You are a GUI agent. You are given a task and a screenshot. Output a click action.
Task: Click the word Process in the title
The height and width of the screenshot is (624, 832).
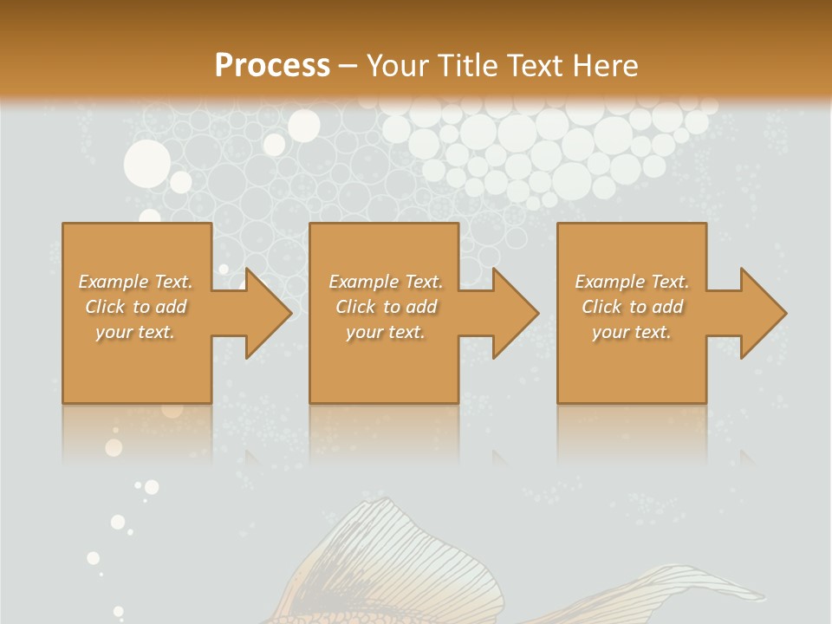tap(272, 66)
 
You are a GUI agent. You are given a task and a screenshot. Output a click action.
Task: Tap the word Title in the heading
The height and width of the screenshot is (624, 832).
tap(470, 66)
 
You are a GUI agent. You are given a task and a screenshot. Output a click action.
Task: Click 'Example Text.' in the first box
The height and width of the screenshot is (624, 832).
tap(136, 282)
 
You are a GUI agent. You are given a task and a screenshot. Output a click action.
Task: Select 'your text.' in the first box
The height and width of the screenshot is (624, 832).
tap(136, 332)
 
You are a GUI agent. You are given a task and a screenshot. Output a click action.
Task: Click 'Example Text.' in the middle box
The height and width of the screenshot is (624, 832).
tap(386, 282)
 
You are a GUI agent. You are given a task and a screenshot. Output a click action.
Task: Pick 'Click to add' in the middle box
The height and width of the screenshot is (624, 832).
tap(386, 307)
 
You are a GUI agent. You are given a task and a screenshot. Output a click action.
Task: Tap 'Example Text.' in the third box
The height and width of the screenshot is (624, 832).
tap(632, 282)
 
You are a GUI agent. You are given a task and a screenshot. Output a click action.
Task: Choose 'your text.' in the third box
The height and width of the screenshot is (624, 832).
tap(632, 332)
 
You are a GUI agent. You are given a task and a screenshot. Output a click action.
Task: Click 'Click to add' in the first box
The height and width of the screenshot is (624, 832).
tap(136, 307)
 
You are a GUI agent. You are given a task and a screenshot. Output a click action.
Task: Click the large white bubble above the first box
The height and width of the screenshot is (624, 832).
tap(147, 162)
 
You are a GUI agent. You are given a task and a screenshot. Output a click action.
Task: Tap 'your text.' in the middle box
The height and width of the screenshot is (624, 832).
tap(386, 332)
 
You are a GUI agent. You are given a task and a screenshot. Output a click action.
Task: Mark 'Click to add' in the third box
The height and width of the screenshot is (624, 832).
tap(632, 307)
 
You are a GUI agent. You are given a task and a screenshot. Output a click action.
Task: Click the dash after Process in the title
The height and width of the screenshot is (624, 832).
tap(348, 66)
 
